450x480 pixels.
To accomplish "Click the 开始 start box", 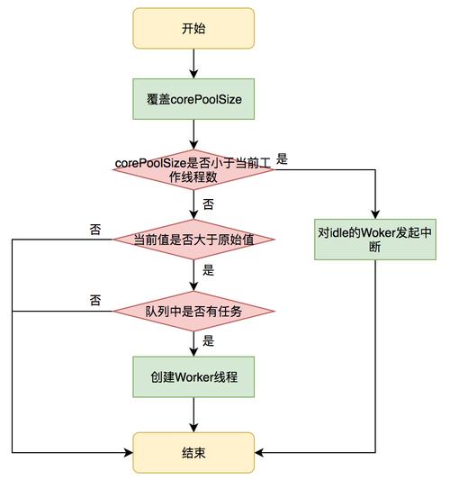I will pos(193,29).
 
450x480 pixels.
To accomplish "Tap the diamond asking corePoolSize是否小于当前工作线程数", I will pos(193,169).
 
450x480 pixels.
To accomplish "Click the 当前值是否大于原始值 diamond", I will pos(193,239).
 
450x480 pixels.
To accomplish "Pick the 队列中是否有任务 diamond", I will pos(193,311).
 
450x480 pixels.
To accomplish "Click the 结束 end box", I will pos(193,450).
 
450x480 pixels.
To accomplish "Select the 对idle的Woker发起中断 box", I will pos(373,239).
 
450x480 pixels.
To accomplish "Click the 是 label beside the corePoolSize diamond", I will pos(282,159).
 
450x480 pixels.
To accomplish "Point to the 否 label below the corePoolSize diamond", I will pos(209,204).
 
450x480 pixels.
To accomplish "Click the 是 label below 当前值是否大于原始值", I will pos(209,270).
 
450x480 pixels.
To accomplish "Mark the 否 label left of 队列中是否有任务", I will pos(95,300).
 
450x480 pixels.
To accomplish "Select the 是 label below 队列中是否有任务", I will pos(209,341).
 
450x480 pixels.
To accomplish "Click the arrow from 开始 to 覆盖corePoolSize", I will pos(193,63).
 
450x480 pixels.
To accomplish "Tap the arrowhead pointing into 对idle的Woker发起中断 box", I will pos(373,213).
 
